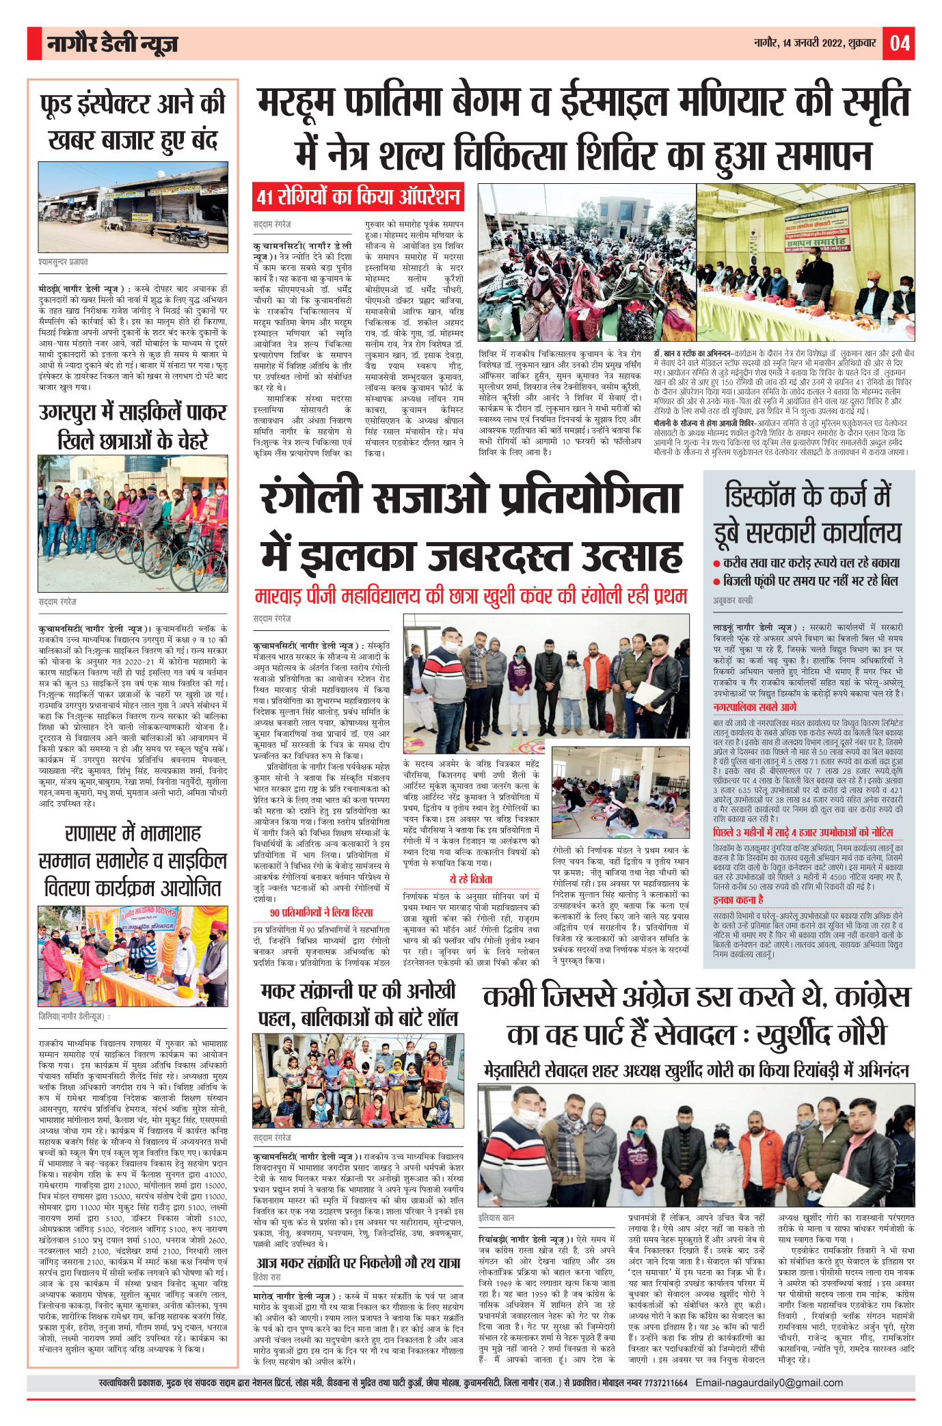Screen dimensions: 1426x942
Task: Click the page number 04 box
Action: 899,43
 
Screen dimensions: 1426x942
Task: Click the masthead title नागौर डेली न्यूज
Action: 112,44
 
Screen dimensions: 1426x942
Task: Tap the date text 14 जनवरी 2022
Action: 813,43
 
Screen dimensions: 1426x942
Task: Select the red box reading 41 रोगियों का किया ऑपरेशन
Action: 358,197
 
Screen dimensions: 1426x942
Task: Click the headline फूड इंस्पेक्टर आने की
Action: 133,105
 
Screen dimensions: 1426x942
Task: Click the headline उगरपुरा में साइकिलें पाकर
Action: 133,413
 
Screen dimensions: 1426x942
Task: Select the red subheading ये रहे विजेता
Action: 470,879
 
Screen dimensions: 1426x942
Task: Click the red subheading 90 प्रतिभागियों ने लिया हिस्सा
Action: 321,912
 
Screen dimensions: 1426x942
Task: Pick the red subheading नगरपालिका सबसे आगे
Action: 754,707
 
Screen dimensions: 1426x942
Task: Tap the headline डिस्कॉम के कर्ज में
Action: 808,496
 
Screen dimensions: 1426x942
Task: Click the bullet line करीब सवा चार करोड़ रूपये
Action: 811,563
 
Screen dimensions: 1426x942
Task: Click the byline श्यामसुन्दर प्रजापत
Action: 63,262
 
